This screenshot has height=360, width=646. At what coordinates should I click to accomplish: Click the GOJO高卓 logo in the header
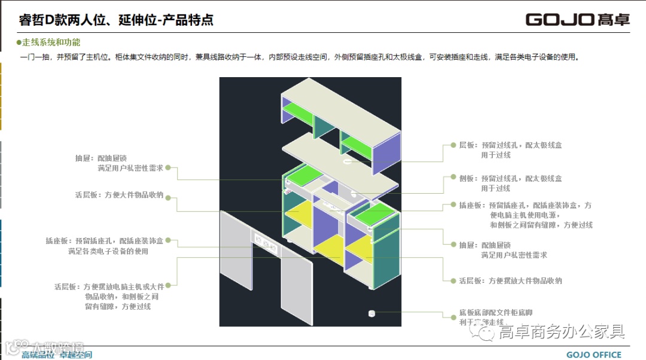point(577,19)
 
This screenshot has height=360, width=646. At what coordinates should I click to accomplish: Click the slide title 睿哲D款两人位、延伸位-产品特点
point(116,20)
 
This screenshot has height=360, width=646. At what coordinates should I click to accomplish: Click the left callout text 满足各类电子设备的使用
point(108,251)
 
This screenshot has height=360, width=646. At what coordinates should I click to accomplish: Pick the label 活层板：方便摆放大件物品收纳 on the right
point(510,280)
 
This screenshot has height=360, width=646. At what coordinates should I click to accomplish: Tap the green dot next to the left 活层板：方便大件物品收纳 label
point(169,195)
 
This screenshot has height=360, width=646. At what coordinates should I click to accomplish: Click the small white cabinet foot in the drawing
point(371,313)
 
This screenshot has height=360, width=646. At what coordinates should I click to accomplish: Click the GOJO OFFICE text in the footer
point(593,355)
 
